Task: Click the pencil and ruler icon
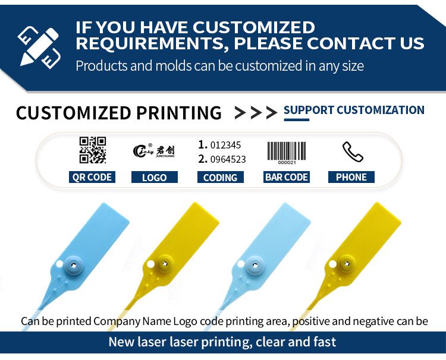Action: (39, 48)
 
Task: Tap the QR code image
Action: (93, 150)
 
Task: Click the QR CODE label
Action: (92, 177)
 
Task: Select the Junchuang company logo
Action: (154, 150)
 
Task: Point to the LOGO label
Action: (155, 177)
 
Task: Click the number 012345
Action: (225, 145)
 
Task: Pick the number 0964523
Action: (228, 159)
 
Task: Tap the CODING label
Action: (221, 177)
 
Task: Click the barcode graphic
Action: (287, 153)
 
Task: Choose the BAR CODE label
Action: (287, 177)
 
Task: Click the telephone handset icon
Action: (353, 151)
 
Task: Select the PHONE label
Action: (351, 177)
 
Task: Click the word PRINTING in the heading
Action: (179, 113)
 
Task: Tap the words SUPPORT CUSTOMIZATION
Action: (354, 110)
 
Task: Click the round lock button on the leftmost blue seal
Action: (74, 265)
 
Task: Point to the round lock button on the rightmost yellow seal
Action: (347, 264)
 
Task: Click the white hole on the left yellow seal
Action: (150, 264)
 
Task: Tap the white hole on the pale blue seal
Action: (241, 264)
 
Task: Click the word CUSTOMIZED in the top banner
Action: (254, 27)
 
